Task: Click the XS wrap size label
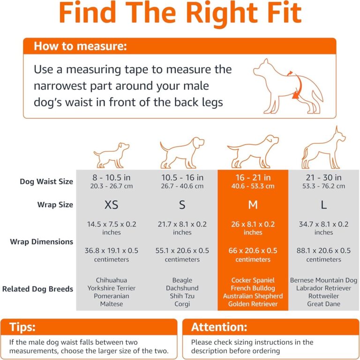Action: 112,205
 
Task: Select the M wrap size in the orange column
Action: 253,205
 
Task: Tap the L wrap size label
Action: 323,205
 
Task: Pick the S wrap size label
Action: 182,205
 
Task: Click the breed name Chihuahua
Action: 112,280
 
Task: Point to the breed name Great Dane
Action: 323,304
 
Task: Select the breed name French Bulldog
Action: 253,288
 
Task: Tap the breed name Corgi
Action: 182,304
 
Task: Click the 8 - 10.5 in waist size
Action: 112,178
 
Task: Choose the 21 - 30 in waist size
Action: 323,178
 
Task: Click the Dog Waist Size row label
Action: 46,182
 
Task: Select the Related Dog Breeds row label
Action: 37,289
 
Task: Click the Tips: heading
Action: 22,327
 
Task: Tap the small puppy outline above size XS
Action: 112,155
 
